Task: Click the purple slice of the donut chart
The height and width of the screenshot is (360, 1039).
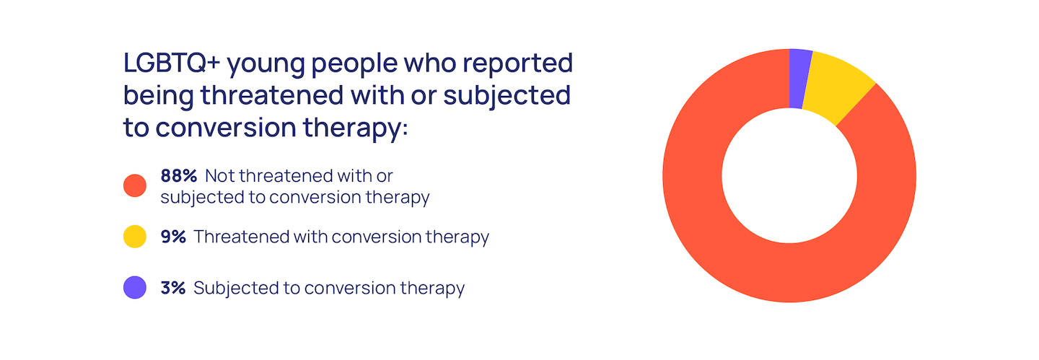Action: (799, 79)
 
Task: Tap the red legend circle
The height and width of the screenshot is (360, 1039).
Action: (134, 185)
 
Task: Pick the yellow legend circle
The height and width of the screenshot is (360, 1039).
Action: (134, 237)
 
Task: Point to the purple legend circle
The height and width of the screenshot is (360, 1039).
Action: (134, 288)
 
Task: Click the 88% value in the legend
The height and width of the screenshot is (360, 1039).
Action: (179, 176)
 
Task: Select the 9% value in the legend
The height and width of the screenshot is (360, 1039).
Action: (173, 237)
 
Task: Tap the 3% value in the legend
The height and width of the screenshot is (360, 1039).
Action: (173, 288)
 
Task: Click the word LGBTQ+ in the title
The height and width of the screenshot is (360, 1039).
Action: (171, 63)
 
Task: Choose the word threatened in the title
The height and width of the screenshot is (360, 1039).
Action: (272, 95)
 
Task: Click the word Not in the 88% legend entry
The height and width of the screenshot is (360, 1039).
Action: (218, 176)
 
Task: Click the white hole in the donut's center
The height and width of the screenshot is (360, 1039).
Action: (789, 176)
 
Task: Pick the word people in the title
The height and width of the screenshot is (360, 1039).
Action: (354, 65)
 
